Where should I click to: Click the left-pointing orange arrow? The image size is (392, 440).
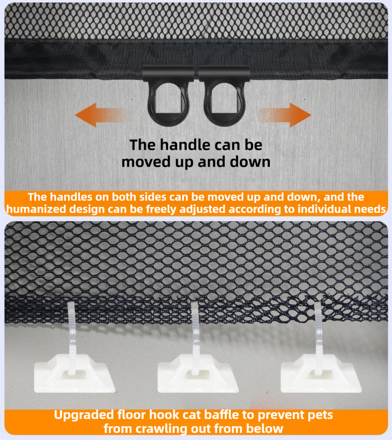click(102, 117)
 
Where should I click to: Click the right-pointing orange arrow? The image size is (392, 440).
click(284, 117)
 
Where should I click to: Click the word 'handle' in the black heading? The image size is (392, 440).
click(185, 145)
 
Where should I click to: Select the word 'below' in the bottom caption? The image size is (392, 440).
click(267, 429)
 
